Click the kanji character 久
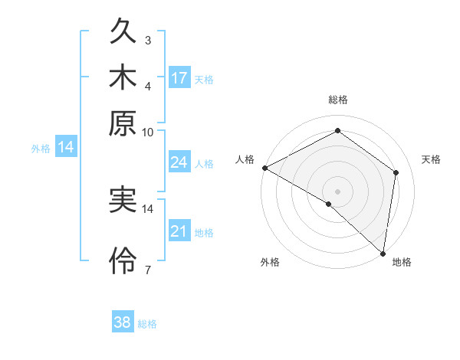[123, 33]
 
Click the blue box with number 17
[179, 77]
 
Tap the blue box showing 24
[179, 162]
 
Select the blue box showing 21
[179, 231]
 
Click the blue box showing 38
[123, 322]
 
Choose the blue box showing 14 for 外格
[66, 147]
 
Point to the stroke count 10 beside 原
[147, 132]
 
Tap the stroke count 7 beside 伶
[147, 270]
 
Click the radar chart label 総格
[338, 100]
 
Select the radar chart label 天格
[431, 159]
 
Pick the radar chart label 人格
[245, 159]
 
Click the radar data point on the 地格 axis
[383, 253]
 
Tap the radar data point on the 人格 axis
[264, 168]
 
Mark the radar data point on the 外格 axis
[329, 204]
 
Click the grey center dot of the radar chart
[338, 191]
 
